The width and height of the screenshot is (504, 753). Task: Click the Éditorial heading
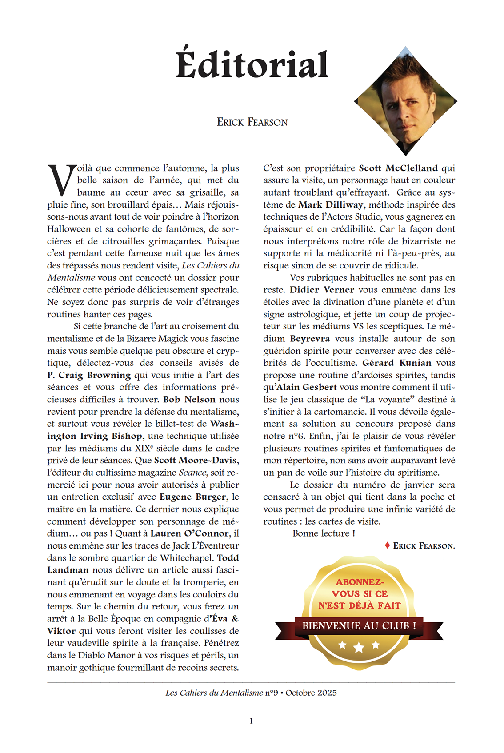click(x=252, y=65)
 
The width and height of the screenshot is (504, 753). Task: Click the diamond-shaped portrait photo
click(x=405, y=101)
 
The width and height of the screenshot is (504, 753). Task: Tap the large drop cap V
click(x=61, y=180)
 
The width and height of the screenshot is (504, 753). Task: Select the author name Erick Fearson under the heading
click(x=252, y=122)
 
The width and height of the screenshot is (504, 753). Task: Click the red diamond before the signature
click(x=388, y=545)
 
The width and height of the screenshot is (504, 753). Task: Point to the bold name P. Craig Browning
click(x=89, y=375)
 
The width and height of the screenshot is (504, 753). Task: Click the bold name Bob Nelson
click(x=189, y=400)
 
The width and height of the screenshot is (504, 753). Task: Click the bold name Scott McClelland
click(x=398, y=168)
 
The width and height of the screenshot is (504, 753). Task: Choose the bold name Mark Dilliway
click(x=331, y=205)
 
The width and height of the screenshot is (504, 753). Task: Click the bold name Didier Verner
click(x=322, y=290)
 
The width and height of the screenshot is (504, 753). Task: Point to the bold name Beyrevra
click(x=310, y=339)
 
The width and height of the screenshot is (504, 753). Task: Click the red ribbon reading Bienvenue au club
click(x=359, y=626)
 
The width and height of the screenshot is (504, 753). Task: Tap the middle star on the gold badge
click(x=359, y=647)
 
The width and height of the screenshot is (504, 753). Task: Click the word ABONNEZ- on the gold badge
click(x=360, y=582)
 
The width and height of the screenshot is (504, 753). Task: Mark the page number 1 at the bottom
click(x=251, y=721)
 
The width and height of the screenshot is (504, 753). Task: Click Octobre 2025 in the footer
click(x=311, y=693)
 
